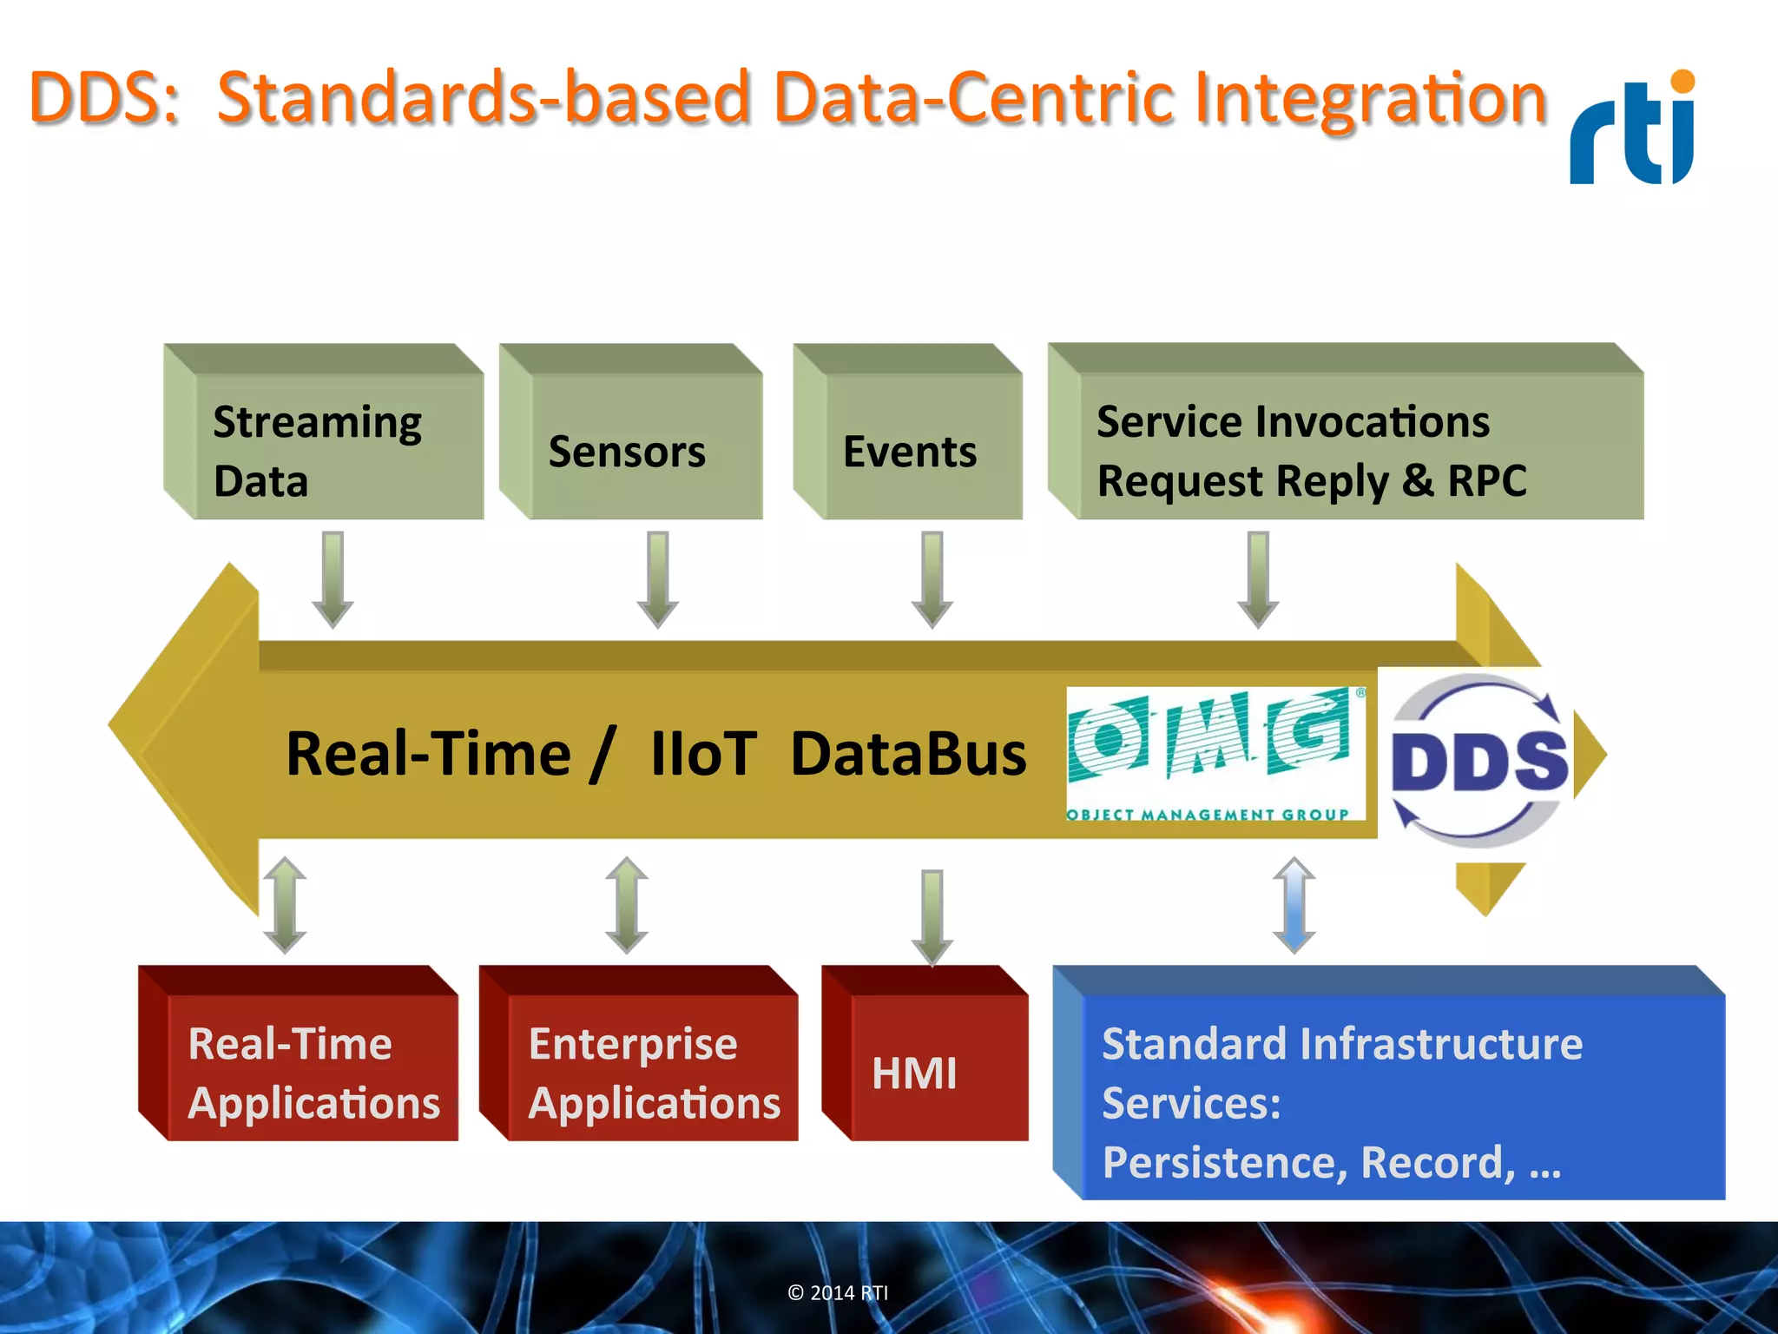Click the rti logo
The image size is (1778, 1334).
[x=1632, y=130]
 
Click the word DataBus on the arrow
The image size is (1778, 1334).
[x=908, y=754]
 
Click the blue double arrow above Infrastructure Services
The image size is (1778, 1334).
[x=1294, y=905]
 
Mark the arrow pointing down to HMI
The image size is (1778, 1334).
[x=932, y=916]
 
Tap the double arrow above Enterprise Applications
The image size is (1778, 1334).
[x=627, y=905]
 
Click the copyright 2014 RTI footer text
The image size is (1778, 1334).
[x=838, y=1292]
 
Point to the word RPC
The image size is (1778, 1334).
[x=1486, y=480]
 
